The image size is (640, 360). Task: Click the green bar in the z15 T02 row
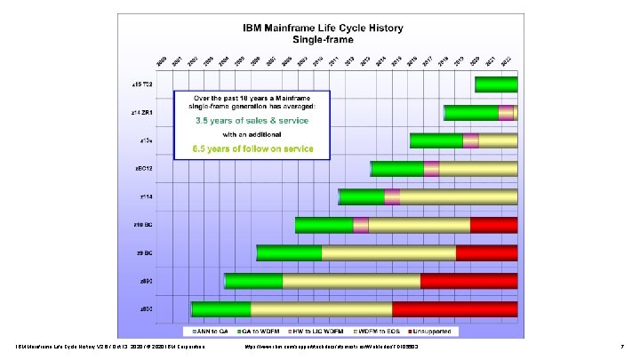pyautogui.click(x=496, y=85)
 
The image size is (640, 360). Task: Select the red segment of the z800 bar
pyautogui.click(x=454, y=308)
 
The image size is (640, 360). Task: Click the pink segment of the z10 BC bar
pyautogui.click(x=360, y=225)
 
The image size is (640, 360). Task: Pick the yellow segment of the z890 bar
pyautogui.click(x=351, y=281)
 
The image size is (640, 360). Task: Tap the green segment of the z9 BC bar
pyautogui.click(x=289, y=252)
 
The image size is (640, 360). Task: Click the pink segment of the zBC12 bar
pyautogui.click(x=431, y=169)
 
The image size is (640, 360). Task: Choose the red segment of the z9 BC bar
pyautogui.click(x=486, y=252)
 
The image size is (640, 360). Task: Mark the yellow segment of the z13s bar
pyautogui.click(x=498, y=140)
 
